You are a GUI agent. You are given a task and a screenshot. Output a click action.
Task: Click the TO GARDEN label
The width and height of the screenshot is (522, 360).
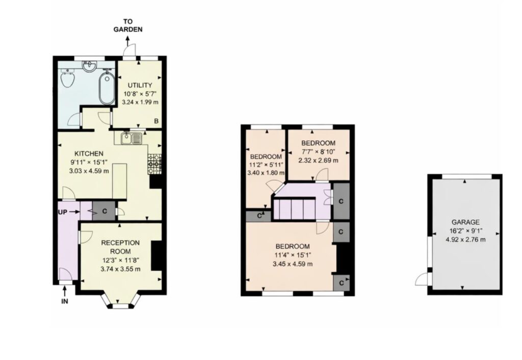[128, 25]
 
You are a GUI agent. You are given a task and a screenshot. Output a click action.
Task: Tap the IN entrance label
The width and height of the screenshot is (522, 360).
[65, 301]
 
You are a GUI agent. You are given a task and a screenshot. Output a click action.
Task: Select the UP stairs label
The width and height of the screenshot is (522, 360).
[63, 212]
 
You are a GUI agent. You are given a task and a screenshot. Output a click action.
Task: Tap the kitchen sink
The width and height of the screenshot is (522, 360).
[132, 138]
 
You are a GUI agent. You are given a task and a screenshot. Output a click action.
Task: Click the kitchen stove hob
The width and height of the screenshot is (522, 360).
[155, 164]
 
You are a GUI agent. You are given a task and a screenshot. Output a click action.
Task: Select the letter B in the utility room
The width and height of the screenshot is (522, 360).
[156, 121]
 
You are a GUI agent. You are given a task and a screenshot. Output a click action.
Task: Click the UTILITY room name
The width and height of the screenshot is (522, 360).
[140, 85]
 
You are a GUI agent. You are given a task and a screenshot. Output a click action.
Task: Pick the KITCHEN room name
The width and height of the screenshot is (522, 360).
[89, 153]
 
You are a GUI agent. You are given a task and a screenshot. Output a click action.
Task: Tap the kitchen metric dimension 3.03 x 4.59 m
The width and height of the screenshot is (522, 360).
[89, 171]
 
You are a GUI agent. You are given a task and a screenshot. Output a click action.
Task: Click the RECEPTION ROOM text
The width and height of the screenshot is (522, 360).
[120, 247]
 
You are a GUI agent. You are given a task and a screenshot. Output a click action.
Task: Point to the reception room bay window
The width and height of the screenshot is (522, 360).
[120, 301]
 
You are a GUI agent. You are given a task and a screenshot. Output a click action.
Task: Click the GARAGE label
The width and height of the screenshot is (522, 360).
[465, 222]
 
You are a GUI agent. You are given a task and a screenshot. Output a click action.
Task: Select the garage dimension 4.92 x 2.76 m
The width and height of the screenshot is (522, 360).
[465, 240]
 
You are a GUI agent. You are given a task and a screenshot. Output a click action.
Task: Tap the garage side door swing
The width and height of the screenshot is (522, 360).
[422, 278]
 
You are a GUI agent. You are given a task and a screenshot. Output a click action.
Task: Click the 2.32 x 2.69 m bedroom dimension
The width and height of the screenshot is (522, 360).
[318, 160]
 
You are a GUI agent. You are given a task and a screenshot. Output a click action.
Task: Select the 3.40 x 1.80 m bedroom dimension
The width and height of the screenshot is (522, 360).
[266, 173]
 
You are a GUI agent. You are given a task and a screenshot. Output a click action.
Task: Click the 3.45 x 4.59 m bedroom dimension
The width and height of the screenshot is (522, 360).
[293, 264]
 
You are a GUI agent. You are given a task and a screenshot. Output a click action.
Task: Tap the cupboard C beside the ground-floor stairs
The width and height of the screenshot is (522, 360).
[104, 211]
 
